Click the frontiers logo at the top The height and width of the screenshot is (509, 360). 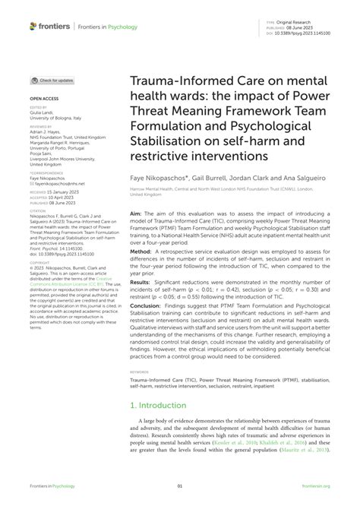(x=52, y=26)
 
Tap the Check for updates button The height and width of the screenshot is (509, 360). (x=52, y=80)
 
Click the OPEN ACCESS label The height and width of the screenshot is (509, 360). (x=44, y=99)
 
